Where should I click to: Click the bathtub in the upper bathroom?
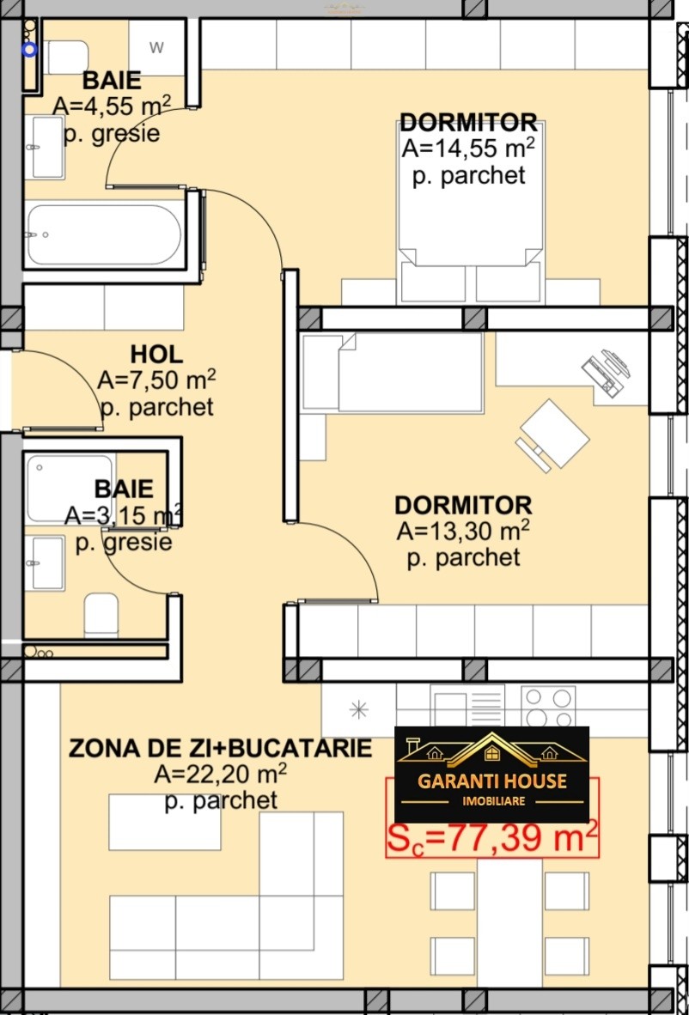pyautogui.click(x=105, y=234)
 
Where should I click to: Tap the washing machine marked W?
pyautogui.click(x=156, y=47)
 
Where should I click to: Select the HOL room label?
pyautogui.click(x=156, y=354)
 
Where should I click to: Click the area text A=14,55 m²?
pyautogui.click(x=468, y=149)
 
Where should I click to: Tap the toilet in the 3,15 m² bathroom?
pyautogui.click(x=101, y=615)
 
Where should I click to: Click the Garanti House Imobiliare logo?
pyautogui.click(x=491, y=775)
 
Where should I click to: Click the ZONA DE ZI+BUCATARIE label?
pyautogui.click(x=220, y=748)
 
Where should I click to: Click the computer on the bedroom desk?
pyautogui.click(x=606, y=371)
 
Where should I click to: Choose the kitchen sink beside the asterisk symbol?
pyautogui.click(x=467, y=706)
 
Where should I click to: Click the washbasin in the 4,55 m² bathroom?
pyautogui.click(x=46, y=147)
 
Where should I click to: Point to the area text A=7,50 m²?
pyautogui.click(x=156, y=380)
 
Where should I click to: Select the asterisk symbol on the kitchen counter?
pyautogui.click(x=358, y=710)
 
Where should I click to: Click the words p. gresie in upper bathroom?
pyautogui.click(x=112, y=134)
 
